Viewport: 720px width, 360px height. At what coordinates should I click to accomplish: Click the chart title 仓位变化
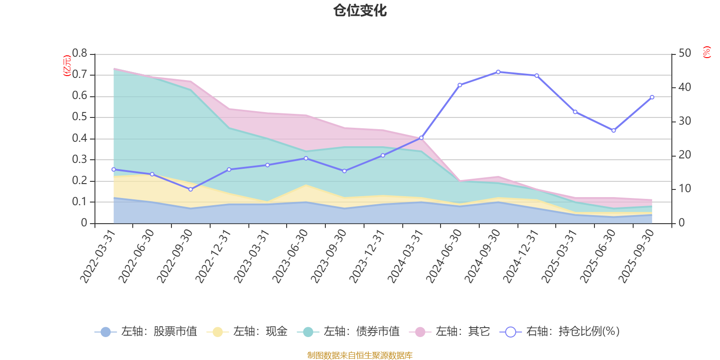coord(360,10)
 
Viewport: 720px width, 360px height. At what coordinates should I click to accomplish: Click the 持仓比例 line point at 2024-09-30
coord(498,72)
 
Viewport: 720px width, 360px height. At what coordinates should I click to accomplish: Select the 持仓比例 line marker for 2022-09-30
coord(190,189)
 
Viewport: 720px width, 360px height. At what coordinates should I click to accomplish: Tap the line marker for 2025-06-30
coord(613,130)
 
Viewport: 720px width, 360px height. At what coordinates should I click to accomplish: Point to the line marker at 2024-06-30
coord(459,85)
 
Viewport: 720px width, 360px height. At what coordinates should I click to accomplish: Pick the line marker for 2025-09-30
coord(652,97)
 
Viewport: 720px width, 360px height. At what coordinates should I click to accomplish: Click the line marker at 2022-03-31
coord(113,170)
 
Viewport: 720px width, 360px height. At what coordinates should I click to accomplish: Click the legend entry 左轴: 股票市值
coord(146,332)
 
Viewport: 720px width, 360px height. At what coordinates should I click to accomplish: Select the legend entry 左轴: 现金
coord(247,332)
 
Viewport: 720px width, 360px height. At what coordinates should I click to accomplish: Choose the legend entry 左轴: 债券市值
coord(348,332)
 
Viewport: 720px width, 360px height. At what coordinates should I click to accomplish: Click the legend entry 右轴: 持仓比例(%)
coord(560,332)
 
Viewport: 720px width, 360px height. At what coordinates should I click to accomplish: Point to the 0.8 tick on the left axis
coord(80,54)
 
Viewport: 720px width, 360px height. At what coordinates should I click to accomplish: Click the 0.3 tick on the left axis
coord(80,160)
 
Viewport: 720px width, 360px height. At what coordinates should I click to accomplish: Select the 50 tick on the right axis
coord(685,54)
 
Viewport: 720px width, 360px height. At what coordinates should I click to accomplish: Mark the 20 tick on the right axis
coord(685,155)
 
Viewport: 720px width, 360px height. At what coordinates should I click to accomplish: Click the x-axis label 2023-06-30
coord(291,256)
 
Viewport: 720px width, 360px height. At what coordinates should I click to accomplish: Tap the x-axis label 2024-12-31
coord(521,256)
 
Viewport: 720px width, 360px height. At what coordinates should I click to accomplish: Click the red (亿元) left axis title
coord(67,66)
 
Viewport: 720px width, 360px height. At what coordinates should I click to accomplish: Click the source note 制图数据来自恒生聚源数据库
coord(360,355)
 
